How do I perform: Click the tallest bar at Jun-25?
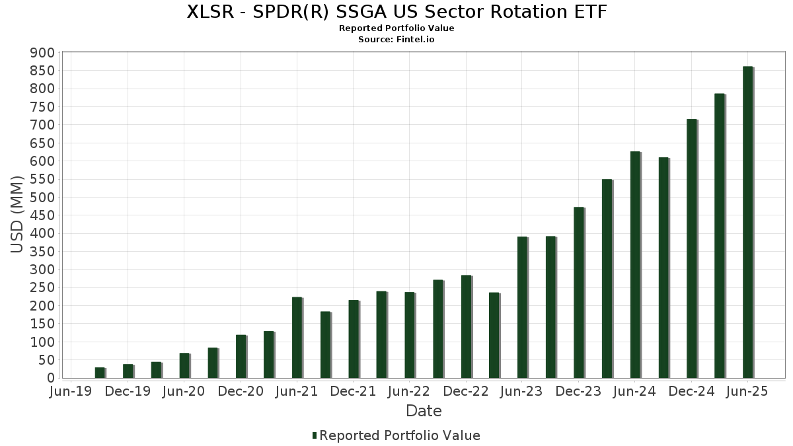click(x=747, y=222)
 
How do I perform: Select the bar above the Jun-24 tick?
click(x=635, y=264)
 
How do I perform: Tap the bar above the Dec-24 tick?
click(x=691, y=248)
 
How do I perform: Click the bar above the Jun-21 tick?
click(x=297, y=338)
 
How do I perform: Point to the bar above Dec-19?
click(x=128, y=371)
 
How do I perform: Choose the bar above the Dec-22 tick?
click(x=466, y=326)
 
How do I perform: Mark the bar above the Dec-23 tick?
click(x=579, y=293)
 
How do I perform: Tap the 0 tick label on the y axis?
click(x=50, y=378)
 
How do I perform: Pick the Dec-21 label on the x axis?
click(x=353, y=392)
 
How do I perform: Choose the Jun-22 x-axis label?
click(x=410, y=392)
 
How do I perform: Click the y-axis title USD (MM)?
click(x=17, y=215)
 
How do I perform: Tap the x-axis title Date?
click(x=424, y=411)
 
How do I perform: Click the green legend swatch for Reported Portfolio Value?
click(x=315, y=435)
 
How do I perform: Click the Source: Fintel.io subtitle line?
click(x=397, y=40)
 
